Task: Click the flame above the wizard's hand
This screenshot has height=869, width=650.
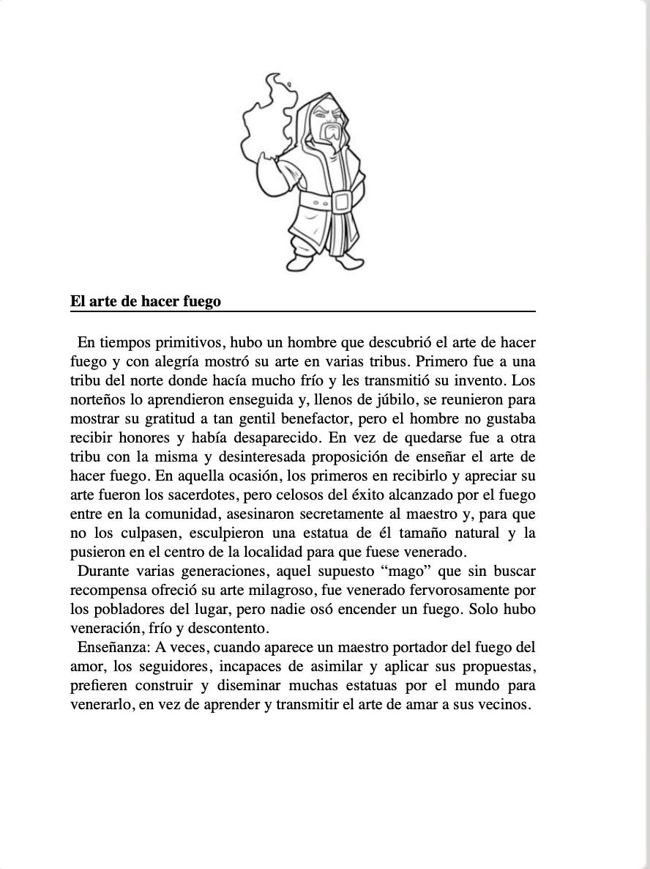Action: (268, 117)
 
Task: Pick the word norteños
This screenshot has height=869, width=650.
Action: (100, 400)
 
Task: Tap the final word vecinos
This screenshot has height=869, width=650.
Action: (504, 705)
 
